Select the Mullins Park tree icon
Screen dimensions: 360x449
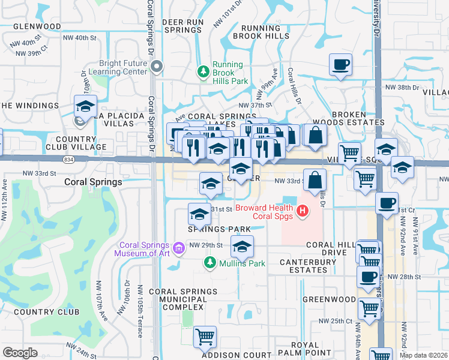point(209,262)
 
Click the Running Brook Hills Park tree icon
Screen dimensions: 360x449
point(203,72)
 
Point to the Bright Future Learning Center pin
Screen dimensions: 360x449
point(157,67)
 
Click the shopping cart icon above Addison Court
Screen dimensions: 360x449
point(205,337)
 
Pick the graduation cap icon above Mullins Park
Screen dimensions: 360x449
point(242,246)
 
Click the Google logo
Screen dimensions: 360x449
point(20,353)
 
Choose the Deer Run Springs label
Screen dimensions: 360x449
point(183,26)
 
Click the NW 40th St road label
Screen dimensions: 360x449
point(79,38)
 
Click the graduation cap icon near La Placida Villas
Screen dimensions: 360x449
point(86,106)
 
